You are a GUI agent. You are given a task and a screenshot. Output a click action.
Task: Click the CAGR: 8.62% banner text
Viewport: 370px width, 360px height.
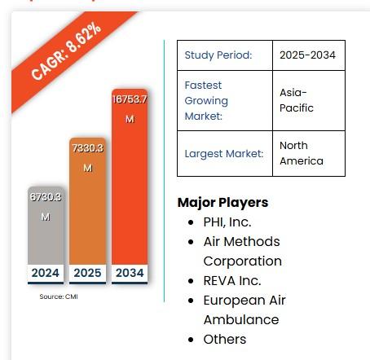coord(67,50)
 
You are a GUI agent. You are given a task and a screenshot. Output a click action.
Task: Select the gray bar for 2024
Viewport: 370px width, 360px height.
coord(46,236)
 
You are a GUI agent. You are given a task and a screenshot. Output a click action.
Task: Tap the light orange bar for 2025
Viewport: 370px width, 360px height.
coord(87,212)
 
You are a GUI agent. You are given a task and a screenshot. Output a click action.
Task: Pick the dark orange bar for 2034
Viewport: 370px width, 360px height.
coord(129,187)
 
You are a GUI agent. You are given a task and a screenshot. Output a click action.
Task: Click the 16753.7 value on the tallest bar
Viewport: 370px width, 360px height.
coord(130,99)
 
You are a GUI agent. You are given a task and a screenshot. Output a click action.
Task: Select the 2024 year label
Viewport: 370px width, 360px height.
coord(46,273)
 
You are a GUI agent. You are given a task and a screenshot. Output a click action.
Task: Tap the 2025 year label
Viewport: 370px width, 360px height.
coord(87,273)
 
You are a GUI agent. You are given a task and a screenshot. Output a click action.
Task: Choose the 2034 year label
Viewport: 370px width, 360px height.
coord(129,273)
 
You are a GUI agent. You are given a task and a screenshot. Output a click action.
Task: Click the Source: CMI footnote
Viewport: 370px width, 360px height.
coord(59,296)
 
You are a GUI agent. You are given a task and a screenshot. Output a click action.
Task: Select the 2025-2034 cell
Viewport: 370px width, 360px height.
coord(307,55)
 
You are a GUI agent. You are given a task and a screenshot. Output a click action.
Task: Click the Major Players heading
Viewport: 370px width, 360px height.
coord(222,202)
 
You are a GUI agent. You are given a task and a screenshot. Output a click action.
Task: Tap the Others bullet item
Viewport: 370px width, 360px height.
coord(224,339)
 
